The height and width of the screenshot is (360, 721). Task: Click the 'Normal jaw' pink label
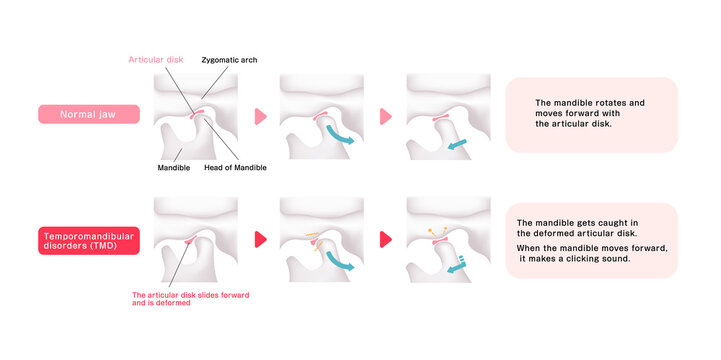point(88,114)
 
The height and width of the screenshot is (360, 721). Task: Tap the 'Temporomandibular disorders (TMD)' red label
point(88,241)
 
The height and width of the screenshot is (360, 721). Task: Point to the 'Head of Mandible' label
point(235,168)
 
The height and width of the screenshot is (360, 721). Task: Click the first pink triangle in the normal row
point(261,116)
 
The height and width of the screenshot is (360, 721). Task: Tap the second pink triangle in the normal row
point(386,116)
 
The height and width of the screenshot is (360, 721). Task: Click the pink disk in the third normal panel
point(440,119)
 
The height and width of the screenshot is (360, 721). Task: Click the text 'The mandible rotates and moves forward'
point(590,113)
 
